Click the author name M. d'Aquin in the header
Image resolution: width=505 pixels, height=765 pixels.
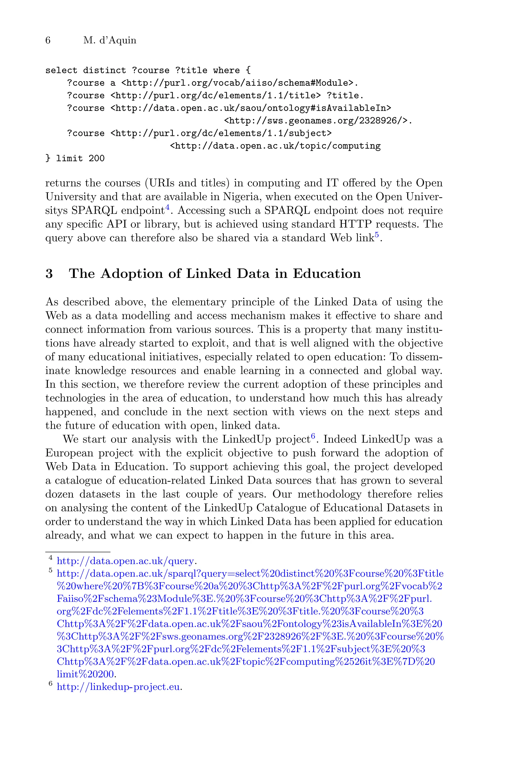tap(110, 41)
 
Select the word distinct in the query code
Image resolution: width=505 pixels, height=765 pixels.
tap(104, 70)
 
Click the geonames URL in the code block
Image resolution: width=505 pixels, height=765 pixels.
tap(318, 121)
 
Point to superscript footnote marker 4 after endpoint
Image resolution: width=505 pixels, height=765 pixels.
tap(167, 207)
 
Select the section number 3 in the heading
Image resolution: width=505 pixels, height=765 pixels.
tap(49, 274)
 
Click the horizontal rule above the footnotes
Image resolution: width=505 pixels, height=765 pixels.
tap(78, 552)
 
